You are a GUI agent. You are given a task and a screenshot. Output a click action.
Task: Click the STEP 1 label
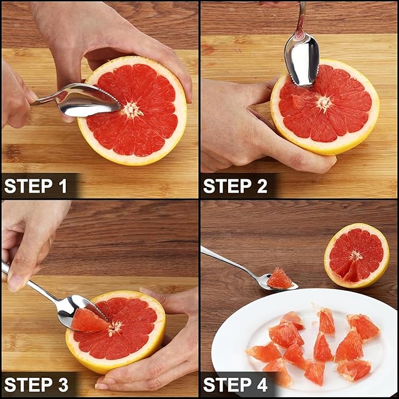(x=36, y=186)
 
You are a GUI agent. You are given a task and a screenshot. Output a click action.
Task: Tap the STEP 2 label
(x=235, y=186)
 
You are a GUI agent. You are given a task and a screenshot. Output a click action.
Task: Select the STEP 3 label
(x=36, y=384)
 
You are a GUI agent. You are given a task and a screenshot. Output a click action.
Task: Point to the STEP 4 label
(x=236, y=384)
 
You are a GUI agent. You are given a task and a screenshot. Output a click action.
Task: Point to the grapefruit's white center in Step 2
(x=324, y=103)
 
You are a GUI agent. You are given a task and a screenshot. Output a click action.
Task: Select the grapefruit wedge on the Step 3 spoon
(x=89, y=321)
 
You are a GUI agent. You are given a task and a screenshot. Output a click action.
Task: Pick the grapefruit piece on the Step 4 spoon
(x=280, y=279)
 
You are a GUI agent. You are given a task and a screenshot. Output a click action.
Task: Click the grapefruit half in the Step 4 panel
(x=357, y=256)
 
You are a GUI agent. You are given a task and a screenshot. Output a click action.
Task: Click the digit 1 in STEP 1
(x=63, y=186)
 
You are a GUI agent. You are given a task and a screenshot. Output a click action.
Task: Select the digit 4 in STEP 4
(x=262, y=384)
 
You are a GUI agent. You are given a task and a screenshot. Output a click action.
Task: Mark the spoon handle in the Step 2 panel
(x=302, y=18)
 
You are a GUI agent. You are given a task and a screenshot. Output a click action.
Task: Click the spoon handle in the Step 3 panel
(x=30, y=283)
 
